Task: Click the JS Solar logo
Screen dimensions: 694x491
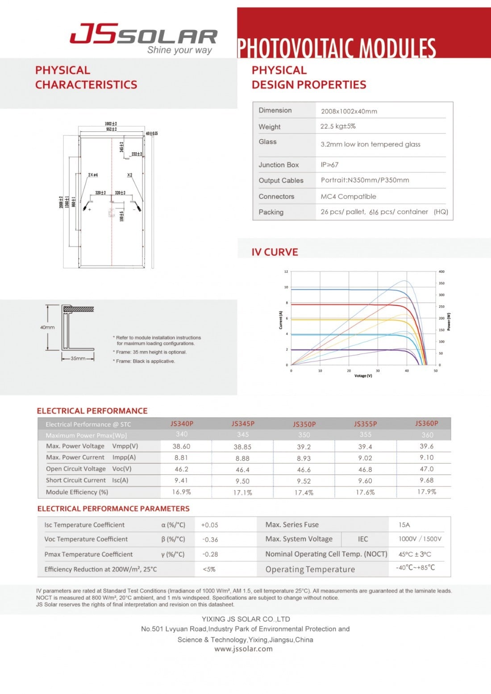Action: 143,37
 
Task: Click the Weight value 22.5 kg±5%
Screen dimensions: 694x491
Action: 338,126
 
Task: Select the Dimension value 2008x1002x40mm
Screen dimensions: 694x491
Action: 349,111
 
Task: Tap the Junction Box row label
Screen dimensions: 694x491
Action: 279,165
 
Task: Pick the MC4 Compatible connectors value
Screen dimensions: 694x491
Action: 348,196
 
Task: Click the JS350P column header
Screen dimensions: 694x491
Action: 304,424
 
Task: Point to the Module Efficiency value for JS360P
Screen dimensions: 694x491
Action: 426,492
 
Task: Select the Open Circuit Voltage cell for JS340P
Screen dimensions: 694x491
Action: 181,469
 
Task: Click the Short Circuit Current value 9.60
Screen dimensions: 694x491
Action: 365,481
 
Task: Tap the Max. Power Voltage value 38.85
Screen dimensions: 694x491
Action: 242,447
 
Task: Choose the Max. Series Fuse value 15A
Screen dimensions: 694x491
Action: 404,525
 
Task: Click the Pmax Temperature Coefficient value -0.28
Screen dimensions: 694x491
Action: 210,554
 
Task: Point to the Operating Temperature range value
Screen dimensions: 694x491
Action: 415,568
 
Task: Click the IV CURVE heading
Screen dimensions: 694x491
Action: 275,252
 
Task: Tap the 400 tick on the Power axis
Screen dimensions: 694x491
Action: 441,271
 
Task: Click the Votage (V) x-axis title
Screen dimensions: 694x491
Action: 363,376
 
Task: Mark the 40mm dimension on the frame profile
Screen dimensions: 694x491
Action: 47,328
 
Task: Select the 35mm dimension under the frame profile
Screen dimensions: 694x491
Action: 78,358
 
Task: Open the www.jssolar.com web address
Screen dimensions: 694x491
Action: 243,649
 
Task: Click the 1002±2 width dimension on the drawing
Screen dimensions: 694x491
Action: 111,124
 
